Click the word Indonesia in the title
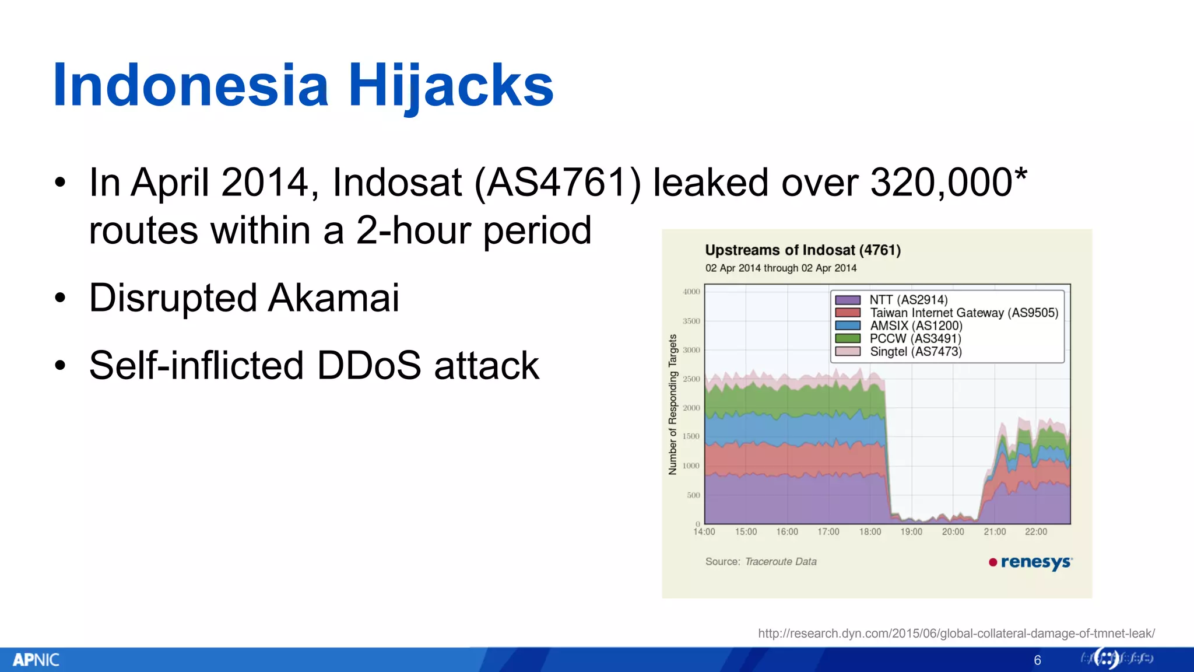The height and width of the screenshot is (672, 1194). pyautogui.click(x=191, y=86)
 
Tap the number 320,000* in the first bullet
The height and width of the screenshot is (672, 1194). pyautogui.click(x=948, y=183)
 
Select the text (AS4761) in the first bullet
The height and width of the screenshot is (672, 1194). pyautogui.click(x=557, y=183)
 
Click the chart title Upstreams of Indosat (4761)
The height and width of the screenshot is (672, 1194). pyautogui.click(x=803, y=250)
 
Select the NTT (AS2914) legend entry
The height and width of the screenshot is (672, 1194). pyautogui.click(x=908, y=300)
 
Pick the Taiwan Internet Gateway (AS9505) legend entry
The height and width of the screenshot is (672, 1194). pyautogui.click(x=964, y=313)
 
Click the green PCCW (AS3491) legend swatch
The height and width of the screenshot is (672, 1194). pyautogui.click(x=848, y=338)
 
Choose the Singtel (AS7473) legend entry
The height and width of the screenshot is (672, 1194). pyautogui.click(x=915, y=351)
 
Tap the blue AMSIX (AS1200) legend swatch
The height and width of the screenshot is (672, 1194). pyautogui.click(x=848, y=325)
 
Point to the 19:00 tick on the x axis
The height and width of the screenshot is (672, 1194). pyautogui.click(x=911, y=531)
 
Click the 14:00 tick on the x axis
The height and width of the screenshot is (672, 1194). pyautogui.click(x=704, y=531)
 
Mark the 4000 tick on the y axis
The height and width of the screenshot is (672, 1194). pyautogui.click(x=691, y=292)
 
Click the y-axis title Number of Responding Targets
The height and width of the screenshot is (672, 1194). pyautogui.click(x=673, y=404)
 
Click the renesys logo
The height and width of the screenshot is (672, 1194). pyautogui.click(x=1031, y=562)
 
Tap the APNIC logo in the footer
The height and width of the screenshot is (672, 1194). pyautogui.click(x=36, y=660)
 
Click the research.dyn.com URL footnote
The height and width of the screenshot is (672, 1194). pyautogui.click(x=956, y=633)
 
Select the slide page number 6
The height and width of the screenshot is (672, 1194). pyautogui.click(x=1037, y=660)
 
